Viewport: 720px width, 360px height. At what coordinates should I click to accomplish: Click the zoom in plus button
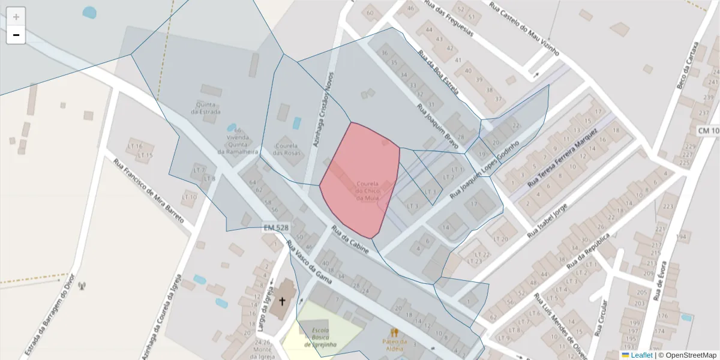tap(16, 17)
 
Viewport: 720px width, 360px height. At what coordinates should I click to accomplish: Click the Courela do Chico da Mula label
tap(367, 190)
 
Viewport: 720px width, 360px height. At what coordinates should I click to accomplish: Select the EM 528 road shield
tap(276, 228)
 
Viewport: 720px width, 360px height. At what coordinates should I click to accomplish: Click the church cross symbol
tap(282, 301)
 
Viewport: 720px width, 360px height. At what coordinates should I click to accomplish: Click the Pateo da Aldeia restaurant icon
tap(394, 332)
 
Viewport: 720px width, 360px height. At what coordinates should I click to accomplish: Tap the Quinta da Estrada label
tap(206, 108)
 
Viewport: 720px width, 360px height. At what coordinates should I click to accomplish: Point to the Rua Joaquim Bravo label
tap(438, 125)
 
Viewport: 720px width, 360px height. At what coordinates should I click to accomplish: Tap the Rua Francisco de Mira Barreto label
tap(149, 190)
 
